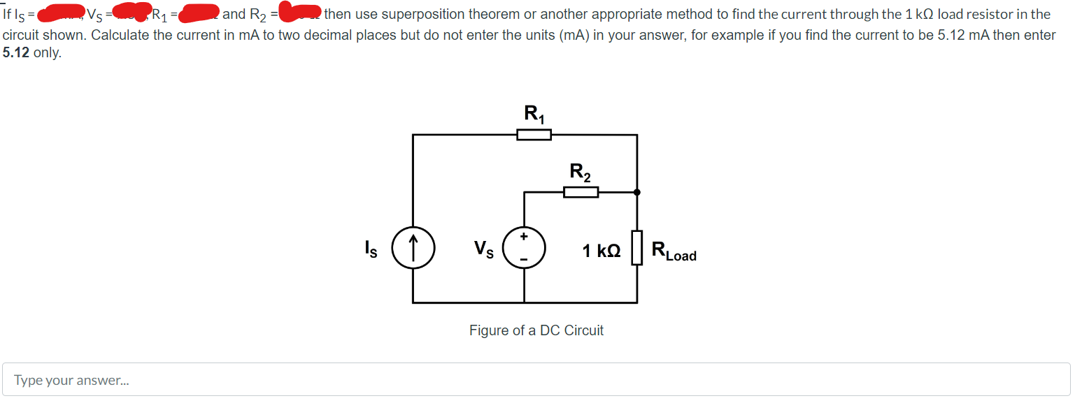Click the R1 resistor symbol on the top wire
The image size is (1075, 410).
pos(534,135)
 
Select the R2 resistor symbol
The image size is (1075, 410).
pos(581,191)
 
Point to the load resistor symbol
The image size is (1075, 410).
pos(636,249)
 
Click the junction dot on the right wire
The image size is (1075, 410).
pos(636,191)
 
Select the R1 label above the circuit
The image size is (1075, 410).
pos(534,112)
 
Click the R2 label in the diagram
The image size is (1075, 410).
pos(581,170)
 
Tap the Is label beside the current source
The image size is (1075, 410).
pos(370,249)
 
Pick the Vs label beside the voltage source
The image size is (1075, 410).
pos(483,249)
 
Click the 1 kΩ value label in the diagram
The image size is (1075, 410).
pos(601,250)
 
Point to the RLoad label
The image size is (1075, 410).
pos(674,250)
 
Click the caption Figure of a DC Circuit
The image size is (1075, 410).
pos(536,330)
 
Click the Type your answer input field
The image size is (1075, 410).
pos(536,380)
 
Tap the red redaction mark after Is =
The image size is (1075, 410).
pos(63,13)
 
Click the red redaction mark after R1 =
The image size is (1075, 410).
pos(199,13)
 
